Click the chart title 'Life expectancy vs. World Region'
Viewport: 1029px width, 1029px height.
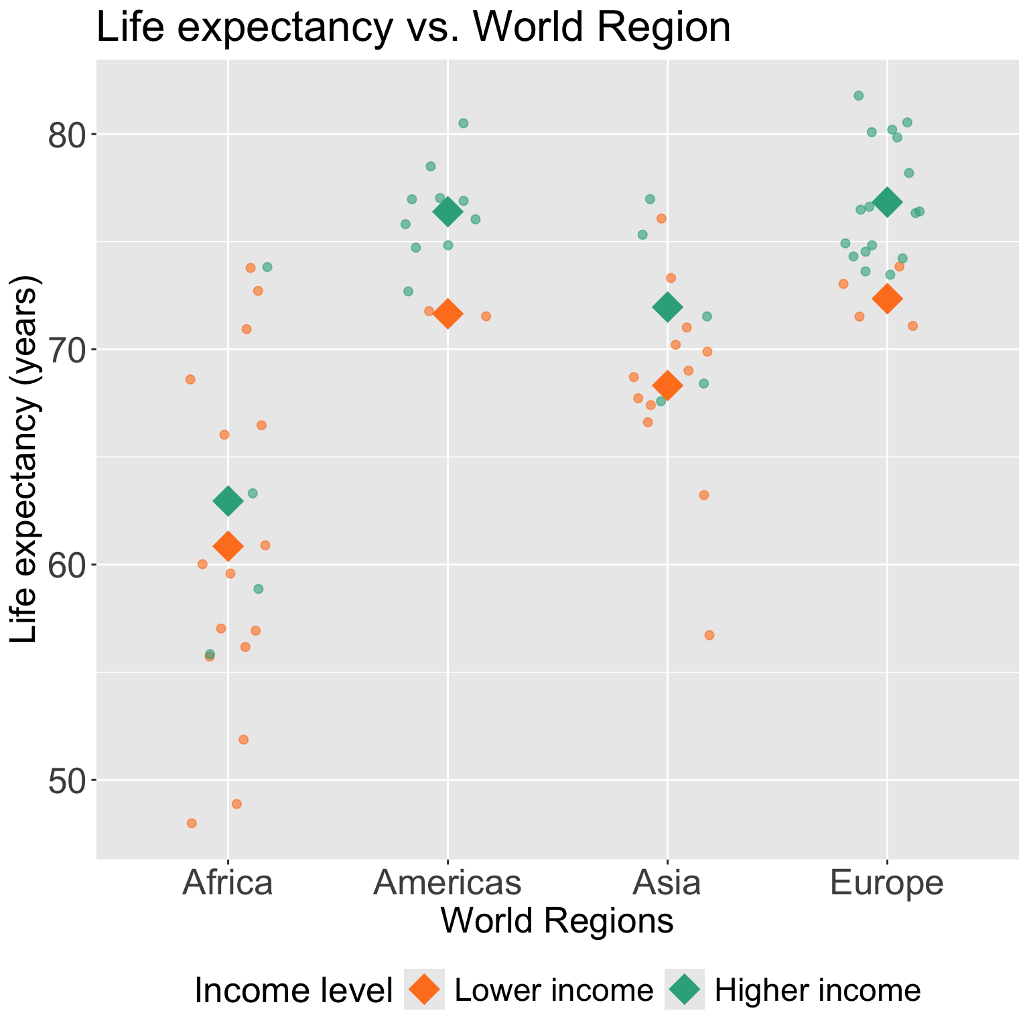point(413,28)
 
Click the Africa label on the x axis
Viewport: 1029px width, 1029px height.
point(228,882)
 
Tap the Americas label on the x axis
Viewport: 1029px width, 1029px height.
point(448,882)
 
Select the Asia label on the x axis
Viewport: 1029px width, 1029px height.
point(667,882)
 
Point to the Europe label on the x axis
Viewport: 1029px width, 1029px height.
point(887,882)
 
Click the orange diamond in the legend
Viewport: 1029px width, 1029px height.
point(424,989)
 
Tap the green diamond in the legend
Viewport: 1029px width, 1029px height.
point(685,989)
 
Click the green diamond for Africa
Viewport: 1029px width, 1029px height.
point(228,501)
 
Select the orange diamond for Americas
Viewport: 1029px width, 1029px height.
point(448,314)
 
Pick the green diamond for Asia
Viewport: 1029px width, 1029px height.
point(667,307)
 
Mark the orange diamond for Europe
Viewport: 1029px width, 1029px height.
point(887,299)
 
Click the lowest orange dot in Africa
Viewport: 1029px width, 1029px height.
point(192,823)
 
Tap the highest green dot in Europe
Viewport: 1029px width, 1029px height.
point(858,96)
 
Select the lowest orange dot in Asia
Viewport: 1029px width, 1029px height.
point(709,635)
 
